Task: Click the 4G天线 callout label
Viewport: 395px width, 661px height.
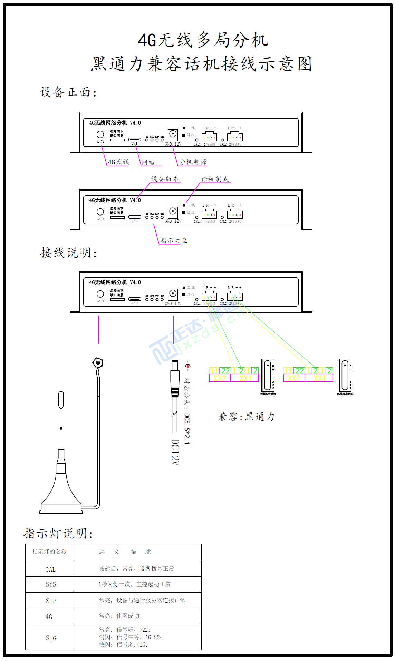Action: point(118,162)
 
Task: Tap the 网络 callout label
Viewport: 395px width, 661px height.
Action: point(148,162)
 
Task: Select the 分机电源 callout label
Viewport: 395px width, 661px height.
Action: point(193,162)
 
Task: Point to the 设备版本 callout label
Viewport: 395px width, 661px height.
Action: point(165,179)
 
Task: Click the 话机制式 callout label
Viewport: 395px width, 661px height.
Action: point(215,179)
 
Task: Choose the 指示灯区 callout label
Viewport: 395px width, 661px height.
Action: point(174,241)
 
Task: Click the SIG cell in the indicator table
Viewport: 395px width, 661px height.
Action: point(51,638)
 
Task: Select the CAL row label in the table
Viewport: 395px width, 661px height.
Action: point(50,570)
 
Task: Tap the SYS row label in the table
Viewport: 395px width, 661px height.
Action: point(51,584)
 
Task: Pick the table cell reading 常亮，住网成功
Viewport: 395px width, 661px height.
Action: point(119,616)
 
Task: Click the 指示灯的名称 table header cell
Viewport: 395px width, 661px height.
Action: point(49,552)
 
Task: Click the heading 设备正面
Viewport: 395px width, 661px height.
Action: point(68,92)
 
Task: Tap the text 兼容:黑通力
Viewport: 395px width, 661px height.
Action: point(247,417)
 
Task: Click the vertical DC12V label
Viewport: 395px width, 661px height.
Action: point(175,452)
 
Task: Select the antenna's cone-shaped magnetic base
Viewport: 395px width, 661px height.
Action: point(61,493)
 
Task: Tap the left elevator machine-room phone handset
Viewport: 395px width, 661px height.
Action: point(268,375)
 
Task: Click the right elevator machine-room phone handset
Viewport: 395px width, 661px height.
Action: point(345,375)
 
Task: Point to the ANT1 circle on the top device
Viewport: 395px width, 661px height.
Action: point(100,134)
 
